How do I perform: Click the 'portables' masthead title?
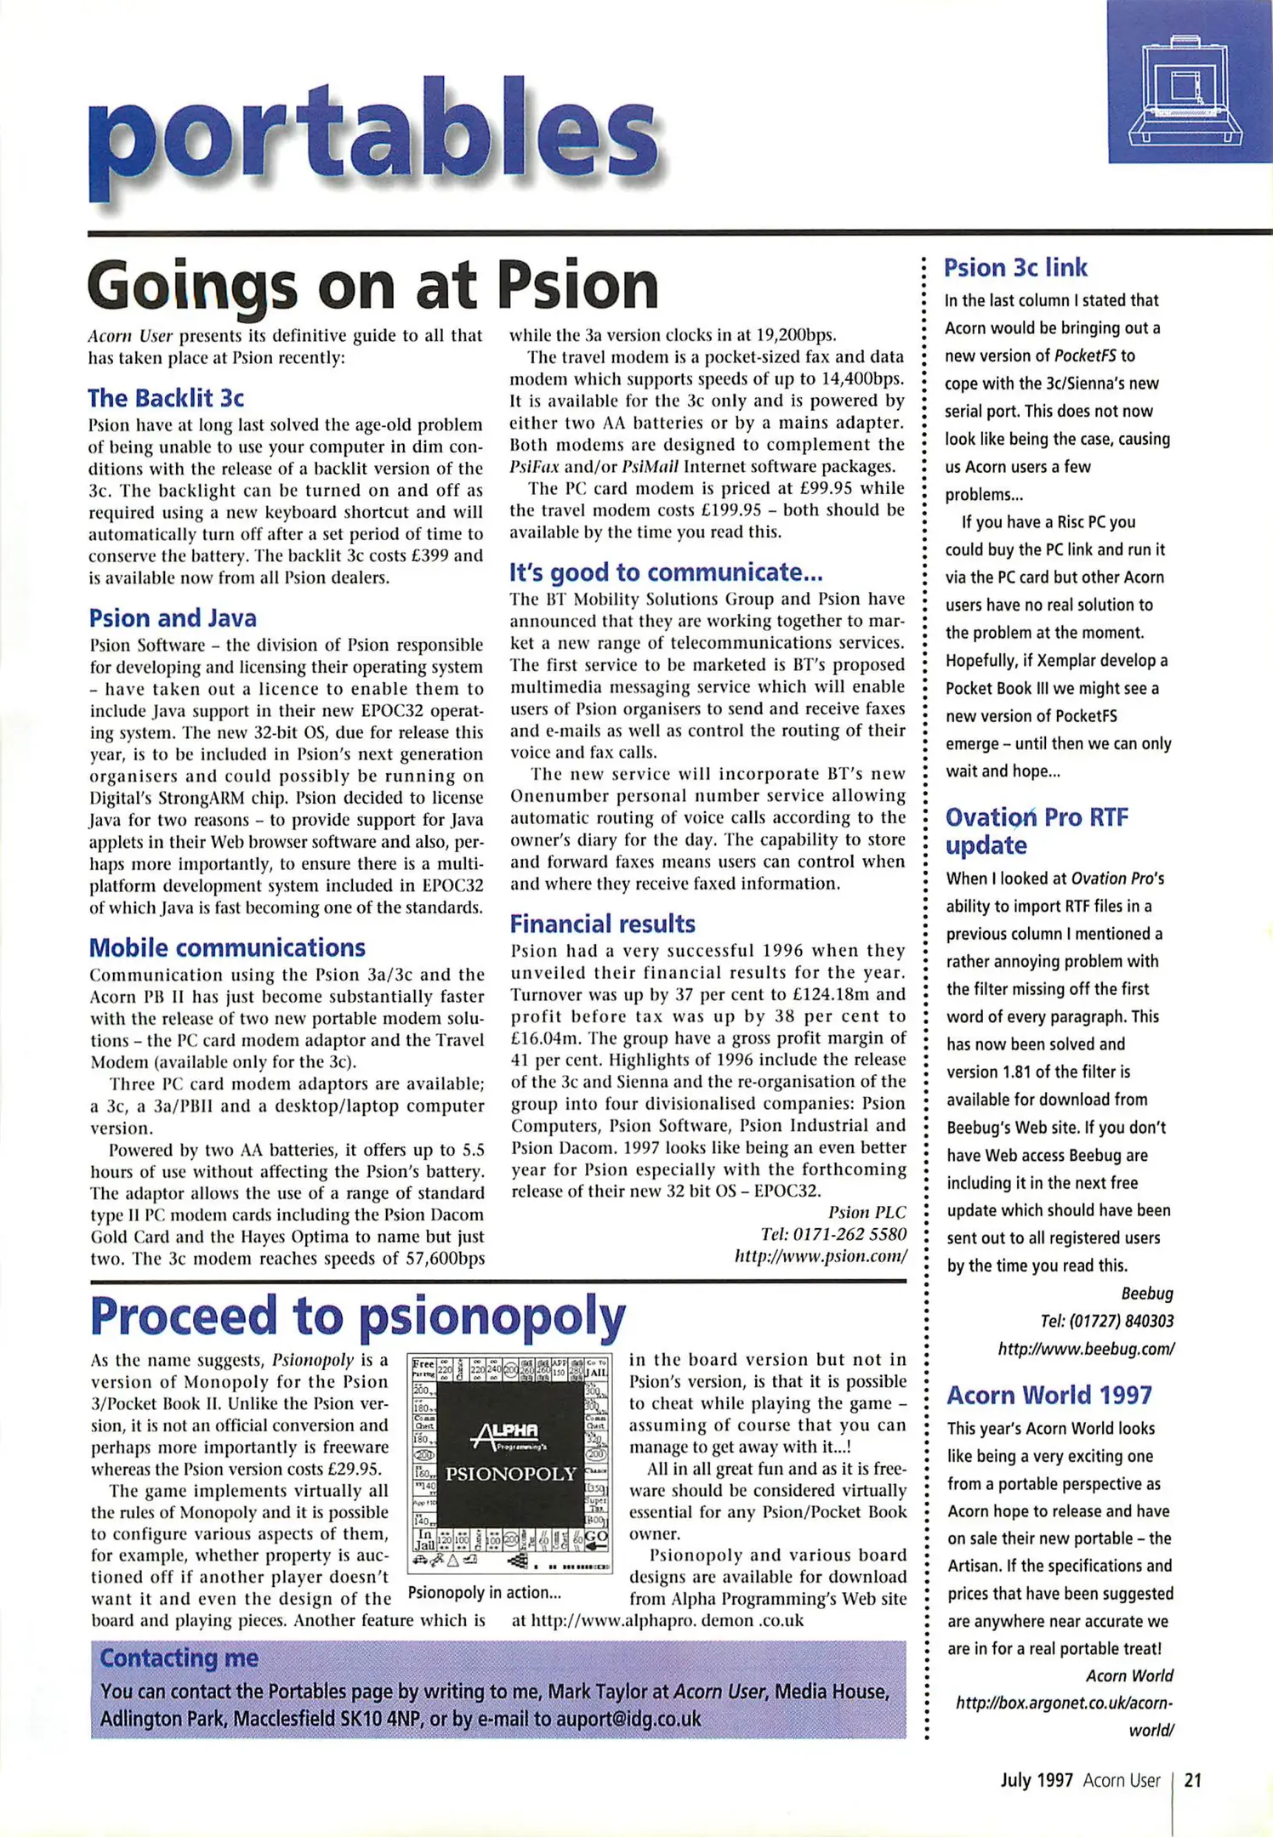(374, 136)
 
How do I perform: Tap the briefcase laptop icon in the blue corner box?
(1185, 88)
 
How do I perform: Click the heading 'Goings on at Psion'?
(372, 286)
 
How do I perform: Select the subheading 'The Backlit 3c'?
(166, 398)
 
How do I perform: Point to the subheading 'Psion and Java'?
(173, 618)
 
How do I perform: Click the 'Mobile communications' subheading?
(227, 947)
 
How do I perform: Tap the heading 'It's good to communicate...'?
(666, 572)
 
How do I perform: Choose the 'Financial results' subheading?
(602, 924)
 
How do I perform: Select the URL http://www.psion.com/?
(821, 1256)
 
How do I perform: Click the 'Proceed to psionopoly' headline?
(357, 1317)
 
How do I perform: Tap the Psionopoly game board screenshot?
(510, 1463)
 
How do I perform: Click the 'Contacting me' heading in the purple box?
(179, 1658)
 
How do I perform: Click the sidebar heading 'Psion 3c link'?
(1015, 268)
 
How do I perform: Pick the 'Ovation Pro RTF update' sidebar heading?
(1036, 831)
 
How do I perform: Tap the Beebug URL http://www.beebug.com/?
(1086, 1349)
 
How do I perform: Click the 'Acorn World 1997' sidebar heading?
(1049, 1395)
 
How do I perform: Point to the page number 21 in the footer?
(1192, 1780)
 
